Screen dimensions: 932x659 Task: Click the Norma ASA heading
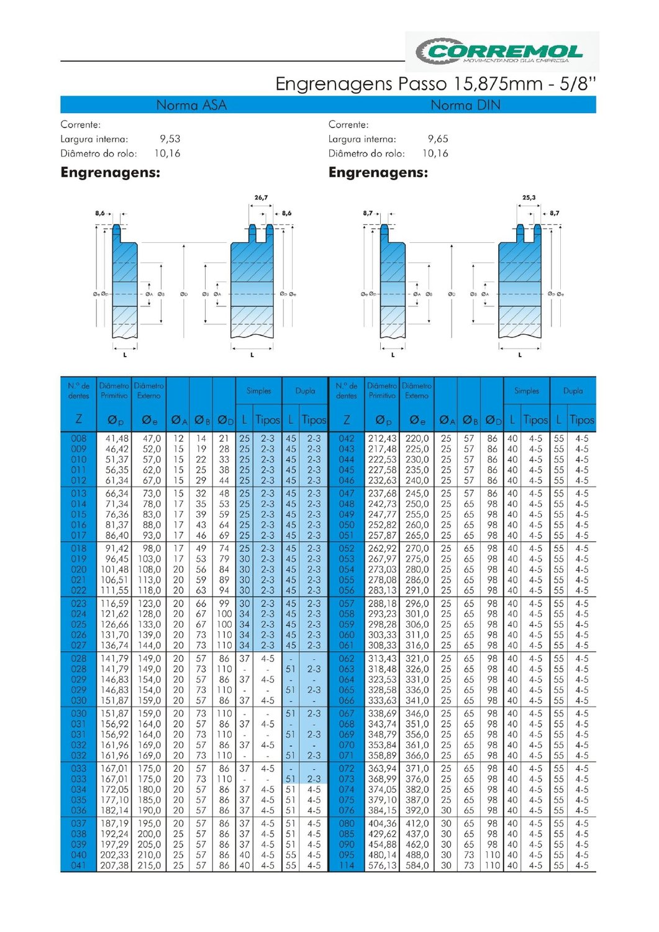click(x=191, y=105)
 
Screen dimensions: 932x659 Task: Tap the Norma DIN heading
click(x=465, y=105)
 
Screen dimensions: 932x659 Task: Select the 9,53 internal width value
click(x=170, y=139)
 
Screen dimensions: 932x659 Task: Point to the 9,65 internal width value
click(x=438, y=139)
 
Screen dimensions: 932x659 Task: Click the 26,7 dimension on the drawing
click(x=261, y=198)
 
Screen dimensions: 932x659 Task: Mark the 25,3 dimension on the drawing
click(x=529, y=198)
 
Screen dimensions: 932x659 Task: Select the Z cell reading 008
click(x=79, y=439)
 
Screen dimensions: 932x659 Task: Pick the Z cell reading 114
click(x=347, y=866)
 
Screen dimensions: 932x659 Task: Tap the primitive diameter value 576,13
click(x=382, y=866)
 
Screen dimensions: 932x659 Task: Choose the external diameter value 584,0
click(x=417, y=866)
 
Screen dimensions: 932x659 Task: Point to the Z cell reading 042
click(x=347, y=439)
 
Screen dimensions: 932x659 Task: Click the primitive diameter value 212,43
click(x=382, y=439)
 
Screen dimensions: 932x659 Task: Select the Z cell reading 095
click(x=347, y=855)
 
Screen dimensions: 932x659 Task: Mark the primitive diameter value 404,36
click(x=382, y=823)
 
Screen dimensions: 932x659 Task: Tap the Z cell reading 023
click(x=79, y=603)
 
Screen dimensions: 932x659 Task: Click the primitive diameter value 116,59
click(x=115, y=603)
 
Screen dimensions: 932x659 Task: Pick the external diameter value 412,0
click(x=417, y=823)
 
